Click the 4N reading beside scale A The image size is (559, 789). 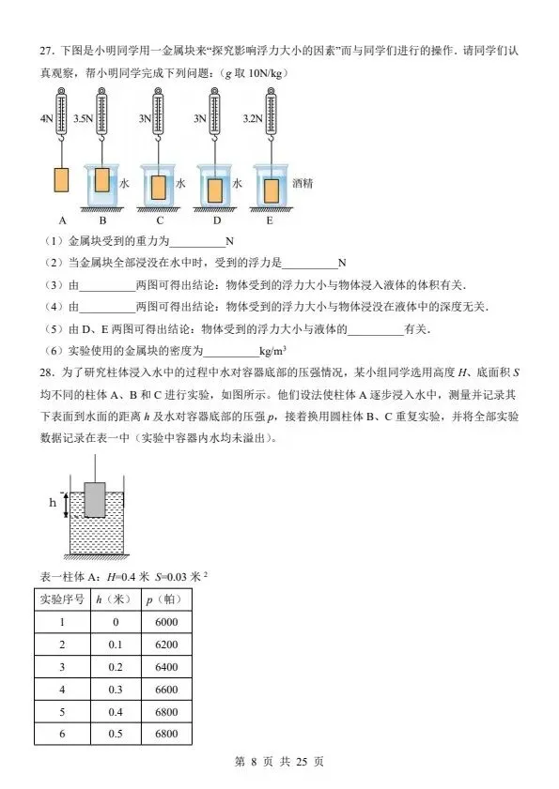(45, 119)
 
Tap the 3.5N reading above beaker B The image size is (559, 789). (84, 119)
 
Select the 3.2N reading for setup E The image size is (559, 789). (252, 119)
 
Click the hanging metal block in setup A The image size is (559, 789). (63, 180)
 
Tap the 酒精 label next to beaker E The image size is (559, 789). (303, 185)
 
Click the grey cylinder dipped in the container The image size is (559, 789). (95, 498)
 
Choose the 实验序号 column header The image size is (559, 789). (62, 599)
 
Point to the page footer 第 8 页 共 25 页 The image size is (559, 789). (279, 762)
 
